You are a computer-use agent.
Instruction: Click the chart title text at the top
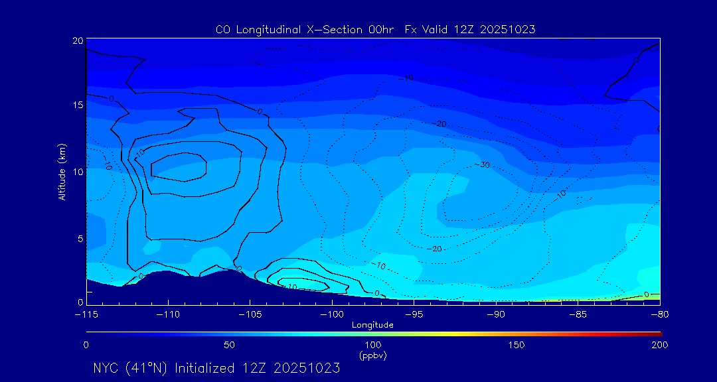click(376, 29)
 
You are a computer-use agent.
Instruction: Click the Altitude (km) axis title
click(62, 172)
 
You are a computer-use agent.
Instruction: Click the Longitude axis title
click(372, 324)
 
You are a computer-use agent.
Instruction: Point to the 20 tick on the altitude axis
click(78, 40)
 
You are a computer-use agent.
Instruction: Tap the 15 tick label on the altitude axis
click(78, 105)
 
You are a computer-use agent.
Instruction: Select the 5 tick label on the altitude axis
click(80, 238)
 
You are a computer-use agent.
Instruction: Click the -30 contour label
click(483, 164)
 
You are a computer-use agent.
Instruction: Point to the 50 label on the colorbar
click(229, 345)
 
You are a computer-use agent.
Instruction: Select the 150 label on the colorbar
click(517, 345)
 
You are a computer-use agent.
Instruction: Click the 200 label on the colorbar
click(660, 345)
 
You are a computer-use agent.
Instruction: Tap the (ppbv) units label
click(372, 355)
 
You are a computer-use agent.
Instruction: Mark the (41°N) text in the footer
click(148, 368)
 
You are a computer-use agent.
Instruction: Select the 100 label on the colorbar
click(372, 345)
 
